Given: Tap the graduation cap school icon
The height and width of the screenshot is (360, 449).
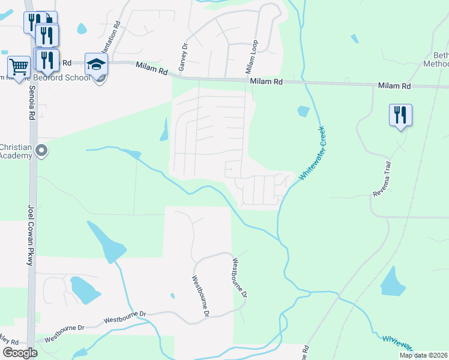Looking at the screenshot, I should pos(96,64).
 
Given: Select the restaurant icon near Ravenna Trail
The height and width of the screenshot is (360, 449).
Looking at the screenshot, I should pos(400,115).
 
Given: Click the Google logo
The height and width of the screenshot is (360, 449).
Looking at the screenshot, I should pos(20,353).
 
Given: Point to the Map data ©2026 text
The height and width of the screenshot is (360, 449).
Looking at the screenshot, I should pos(424,355).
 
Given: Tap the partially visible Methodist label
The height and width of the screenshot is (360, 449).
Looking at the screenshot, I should pos(436,64).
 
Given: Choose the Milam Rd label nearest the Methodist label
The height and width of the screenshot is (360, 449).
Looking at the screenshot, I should pos(394,86).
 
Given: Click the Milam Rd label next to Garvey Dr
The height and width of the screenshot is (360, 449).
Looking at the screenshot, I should pos(152,68).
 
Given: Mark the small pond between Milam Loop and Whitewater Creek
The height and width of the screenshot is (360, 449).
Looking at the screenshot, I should pos(303,112).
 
